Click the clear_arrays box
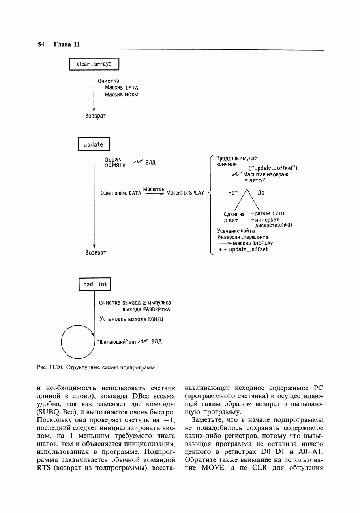[x=94, y=64]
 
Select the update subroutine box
[x=94, y=144]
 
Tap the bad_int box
[x=95, y=284]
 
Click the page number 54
[x=41, y=44]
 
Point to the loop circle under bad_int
[x=78, y=341]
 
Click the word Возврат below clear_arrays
[x=96, y=116]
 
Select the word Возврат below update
[x=96, y=252]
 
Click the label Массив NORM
[x=122, y=95]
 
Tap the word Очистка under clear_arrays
[x=109, y=81]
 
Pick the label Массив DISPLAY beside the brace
[x=185, y=193]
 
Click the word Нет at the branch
[x=233, y=193]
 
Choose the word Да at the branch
[x=261, y=193]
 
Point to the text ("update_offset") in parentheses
[x=273, y=169]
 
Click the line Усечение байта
[x=236, y=231]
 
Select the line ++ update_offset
[x=243, y=249]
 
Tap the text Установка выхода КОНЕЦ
[x=131, y=319]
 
